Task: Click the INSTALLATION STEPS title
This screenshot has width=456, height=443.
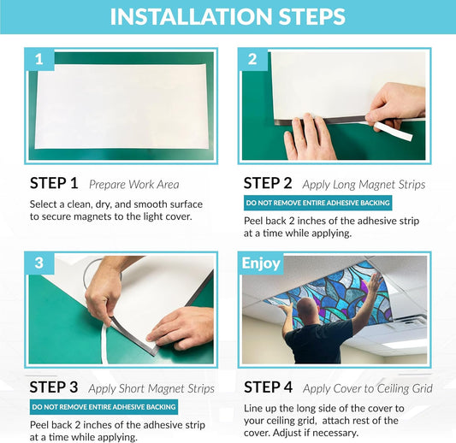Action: [x=228, y=16]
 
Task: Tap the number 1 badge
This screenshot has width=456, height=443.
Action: [x=39, y=59]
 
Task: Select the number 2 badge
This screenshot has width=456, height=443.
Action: [x=252, y=59]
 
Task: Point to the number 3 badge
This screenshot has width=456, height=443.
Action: [x=39, y=263]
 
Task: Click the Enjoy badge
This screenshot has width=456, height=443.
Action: [x=261, y=263]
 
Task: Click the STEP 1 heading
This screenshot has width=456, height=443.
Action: [x=54, y=183]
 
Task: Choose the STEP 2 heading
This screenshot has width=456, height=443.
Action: [x=268, y=183]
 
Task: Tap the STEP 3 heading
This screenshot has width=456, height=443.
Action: [x=54, y=387]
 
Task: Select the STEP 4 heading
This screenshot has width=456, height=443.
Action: [x=268, y=387]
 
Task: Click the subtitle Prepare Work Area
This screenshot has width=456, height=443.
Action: [x=134, y=185]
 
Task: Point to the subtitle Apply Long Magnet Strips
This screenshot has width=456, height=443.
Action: [x=364, y=185]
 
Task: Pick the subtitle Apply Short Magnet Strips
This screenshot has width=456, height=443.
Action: [x=151, y=389]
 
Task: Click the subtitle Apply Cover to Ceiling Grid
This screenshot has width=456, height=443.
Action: [x=368, y=389]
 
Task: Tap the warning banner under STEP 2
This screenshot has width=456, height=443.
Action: [x=318, y=203]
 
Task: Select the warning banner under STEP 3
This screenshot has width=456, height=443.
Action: [x=104, y=407]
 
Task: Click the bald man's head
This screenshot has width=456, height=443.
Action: [x=307, y=309]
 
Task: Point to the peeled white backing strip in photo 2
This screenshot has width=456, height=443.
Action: [x=392, y=131]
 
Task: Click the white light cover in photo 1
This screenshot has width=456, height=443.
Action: [x=121, y=106]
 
